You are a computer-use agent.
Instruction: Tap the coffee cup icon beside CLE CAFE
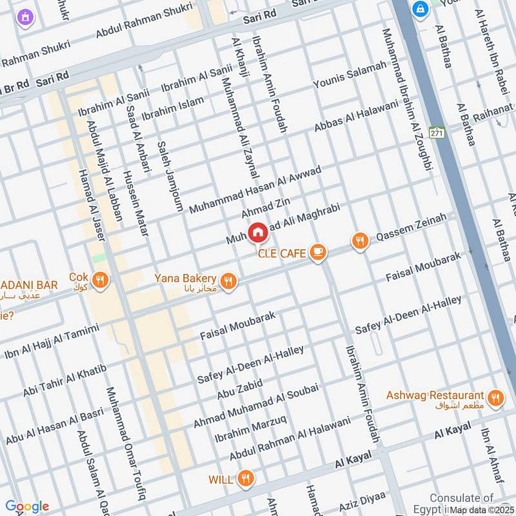[317, 253]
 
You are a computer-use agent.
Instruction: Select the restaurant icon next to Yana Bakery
[227, 281]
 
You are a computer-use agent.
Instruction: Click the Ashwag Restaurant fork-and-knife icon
[495, 397]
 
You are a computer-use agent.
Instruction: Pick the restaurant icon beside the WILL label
[244, 479]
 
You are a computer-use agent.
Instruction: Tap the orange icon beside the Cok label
[100, 280]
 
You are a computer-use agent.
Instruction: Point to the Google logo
[26, 506]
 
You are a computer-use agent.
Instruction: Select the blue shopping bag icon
[421, 10]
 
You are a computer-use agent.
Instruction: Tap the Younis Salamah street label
[349, 75]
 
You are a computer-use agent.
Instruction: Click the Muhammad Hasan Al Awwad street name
[255, 186]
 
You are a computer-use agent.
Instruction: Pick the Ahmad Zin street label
[262, 208]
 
